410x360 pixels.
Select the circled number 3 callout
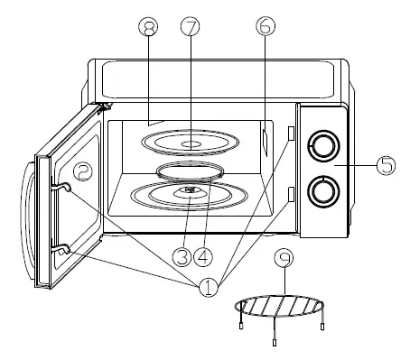pos(182,256)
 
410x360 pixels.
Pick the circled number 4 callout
pos(206,256)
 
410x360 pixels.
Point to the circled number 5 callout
pos(386,165)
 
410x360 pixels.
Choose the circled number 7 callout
pos(189,27)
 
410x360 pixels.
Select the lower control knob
pos(321,189)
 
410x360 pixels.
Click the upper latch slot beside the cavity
pos(290,132)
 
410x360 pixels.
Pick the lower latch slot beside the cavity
pos(290,192)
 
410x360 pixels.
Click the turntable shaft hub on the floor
pos(189,191)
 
